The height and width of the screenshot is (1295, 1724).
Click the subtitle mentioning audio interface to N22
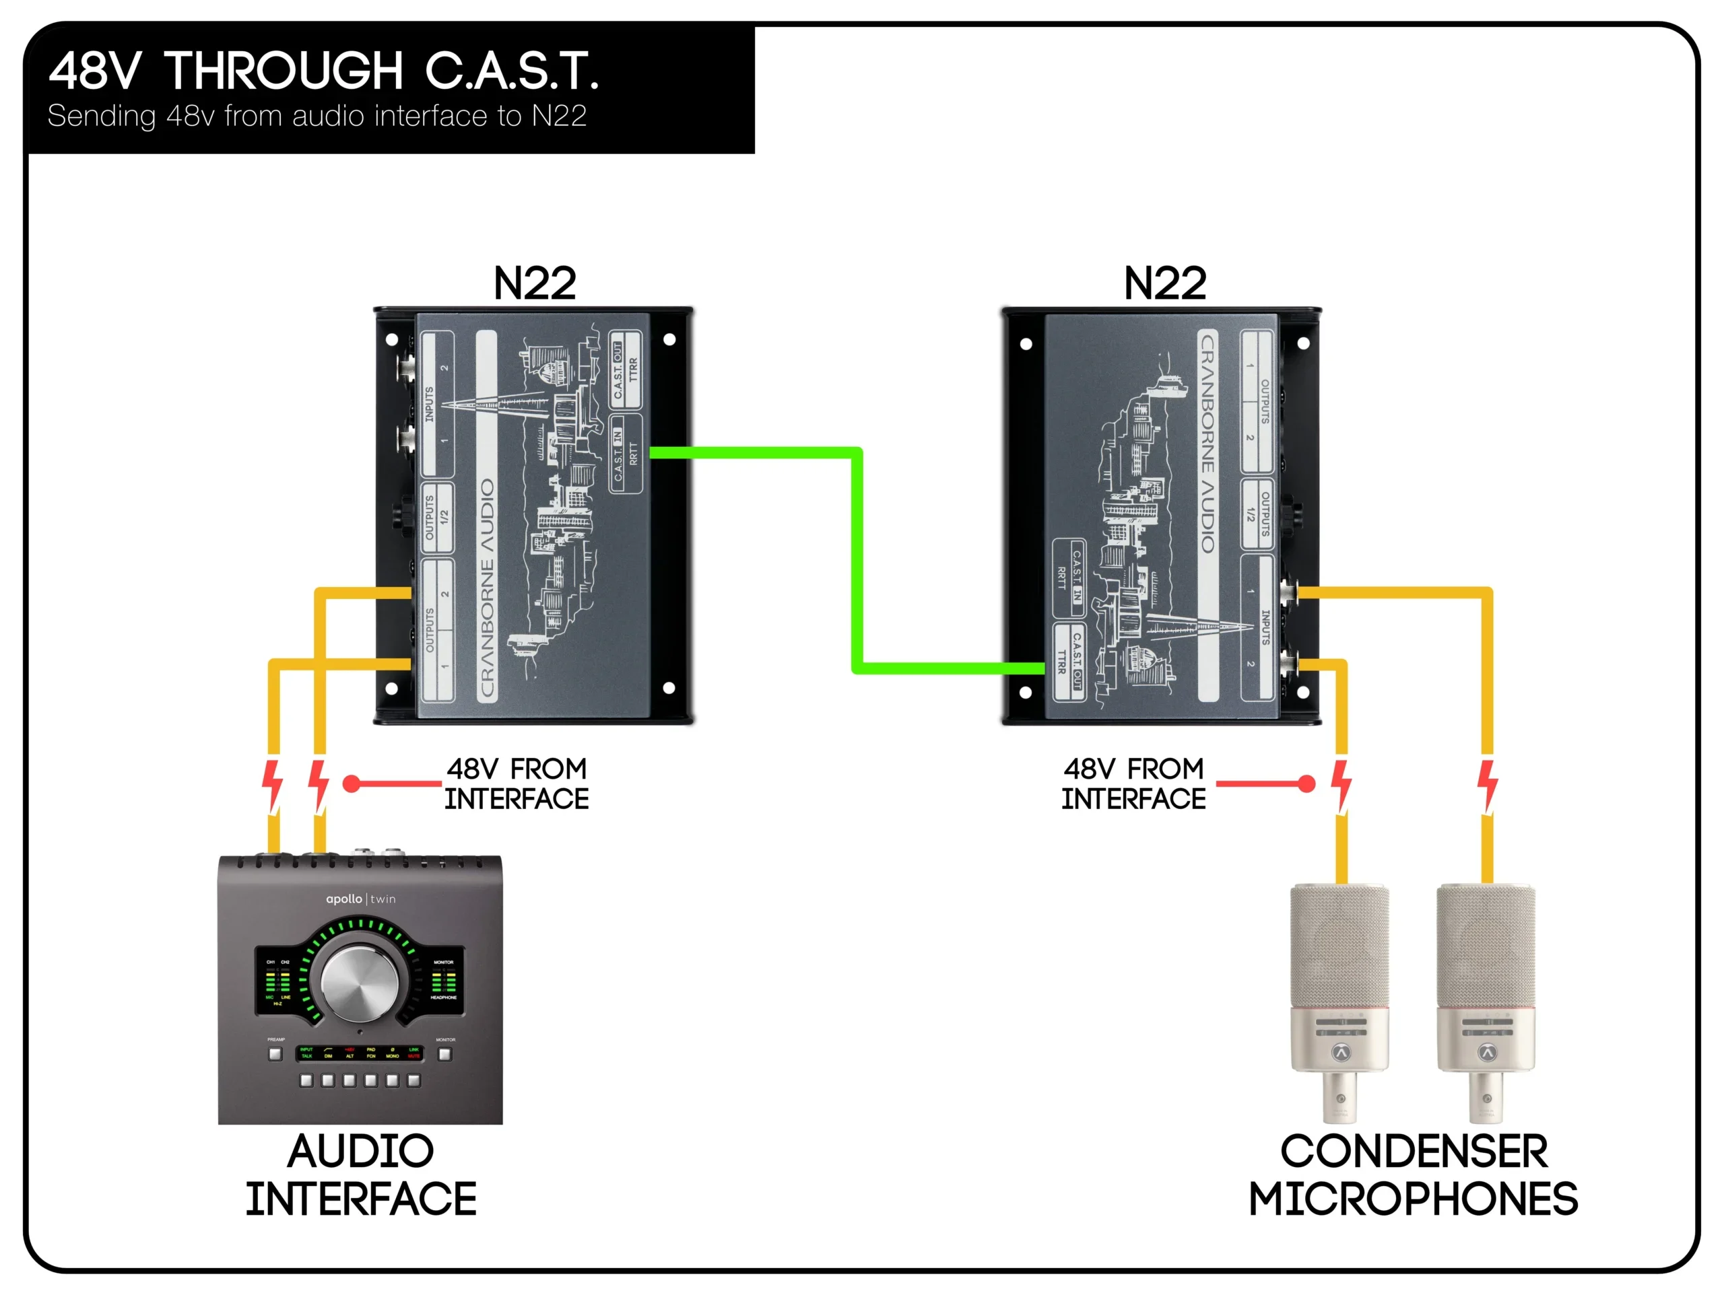pos(317,116)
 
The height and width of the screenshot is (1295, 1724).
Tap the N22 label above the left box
pos(535,283)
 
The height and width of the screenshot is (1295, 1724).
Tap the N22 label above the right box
pos(1164,283)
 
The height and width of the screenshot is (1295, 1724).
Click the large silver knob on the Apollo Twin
pos(360,983)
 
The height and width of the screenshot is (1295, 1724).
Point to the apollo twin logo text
pos(360,899)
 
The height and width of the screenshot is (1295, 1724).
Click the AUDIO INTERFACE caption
pos(360,1175)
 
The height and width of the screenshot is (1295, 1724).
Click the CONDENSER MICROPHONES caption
pos(1412,1175)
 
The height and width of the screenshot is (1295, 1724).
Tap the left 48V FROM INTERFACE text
pos(516,784)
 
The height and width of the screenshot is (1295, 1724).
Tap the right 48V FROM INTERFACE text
pos(1133,784)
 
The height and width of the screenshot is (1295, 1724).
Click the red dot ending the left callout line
pos(352,784)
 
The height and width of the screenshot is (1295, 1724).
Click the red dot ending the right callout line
pos(1306,784)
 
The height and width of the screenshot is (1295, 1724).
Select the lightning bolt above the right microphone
pos(1487,785)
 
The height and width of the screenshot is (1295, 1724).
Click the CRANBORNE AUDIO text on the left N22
pos(487,588)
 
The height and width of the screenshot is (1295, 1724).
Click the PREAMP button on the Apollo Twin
pos(275,1054)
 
